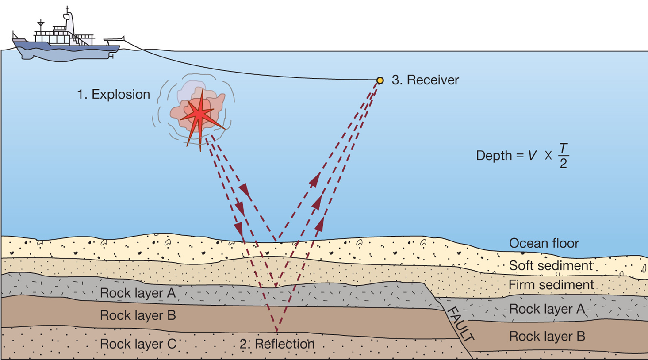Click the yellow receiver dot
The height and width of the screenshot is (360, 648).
click(380, 80)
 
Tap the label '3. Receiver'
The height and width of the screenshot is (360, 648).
click(425, 80)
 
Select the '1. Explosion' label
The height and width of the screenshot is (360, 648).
click(114, 94)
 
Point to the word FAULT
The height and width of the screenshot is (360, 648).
click(460, 324)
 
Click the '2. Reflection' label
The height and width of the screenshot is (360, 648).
click(277, 344)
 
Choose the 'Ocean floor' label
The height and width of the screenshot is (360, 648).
click(544, 243)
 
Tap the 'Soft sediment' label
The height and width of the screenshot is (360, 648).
click(550, 265)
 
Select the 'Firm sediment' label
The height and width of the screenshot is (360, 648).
click(551, 285)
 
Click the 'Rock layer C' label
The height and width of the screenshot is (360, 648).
click(138, 344)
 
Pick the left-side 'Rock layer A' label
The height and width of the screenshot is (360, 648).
click(138, 293)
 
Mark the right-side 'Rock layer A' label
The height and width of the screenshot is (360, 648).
click(547, 309)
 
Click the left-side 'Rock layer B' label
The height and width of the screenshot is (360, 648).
click(138, 315)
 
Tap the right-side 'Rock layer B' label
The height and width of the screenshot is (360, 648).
click(547, 336)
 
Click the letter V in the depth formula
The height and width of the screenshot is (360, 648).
click(532, 156)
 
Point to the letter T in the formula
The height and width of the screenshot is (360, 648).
click(563, 149)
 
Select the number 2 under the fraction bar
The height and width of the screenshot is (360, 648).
click(563, 164)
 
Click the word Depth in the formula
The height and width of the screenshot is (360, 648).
click(493, 156)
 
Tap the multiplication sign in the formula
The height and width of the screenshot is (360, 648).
click(548, 156)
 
